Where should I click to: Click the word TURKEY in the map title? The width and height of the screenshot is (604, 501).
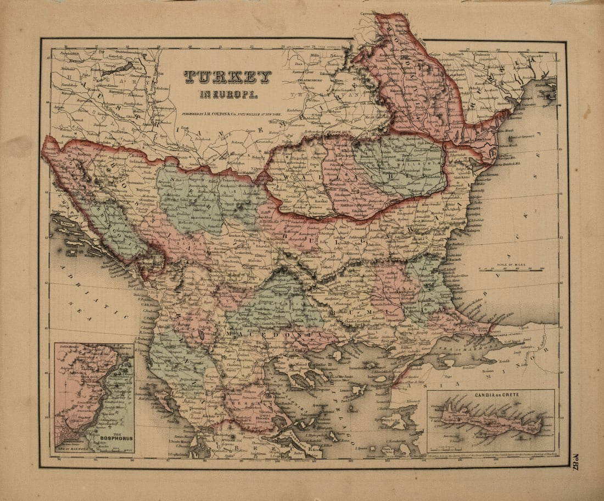(x=227, y=78)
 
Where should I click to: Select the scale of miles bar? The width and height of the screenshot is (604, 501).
(x=511, y=269)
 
